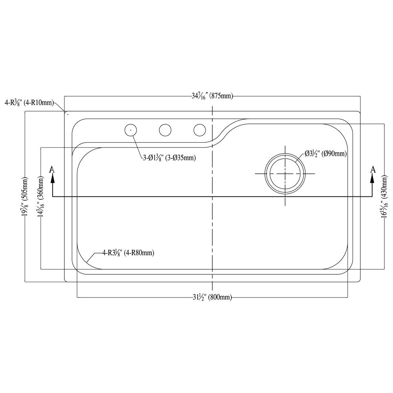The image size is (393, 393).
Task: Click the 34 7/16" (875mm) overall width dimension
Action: tap(212, 96)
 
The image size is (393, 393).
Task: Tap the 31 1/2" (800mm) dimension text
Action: tap(212, 297)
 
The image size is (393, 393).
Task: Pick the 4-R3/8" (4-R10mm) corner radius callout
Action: tap(29, 103)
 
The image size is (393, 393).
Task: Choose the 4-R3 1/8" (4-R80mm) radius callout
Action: tap(128, 253)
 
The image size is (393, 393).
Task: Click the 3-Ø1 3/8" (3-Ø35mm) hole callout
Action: tap(169, 158)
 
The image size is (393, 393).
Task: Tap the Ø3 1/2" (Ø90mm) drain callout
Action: tap(326, 153)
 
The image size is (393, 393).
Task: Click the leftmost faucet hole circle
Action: tap(125, 130)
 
